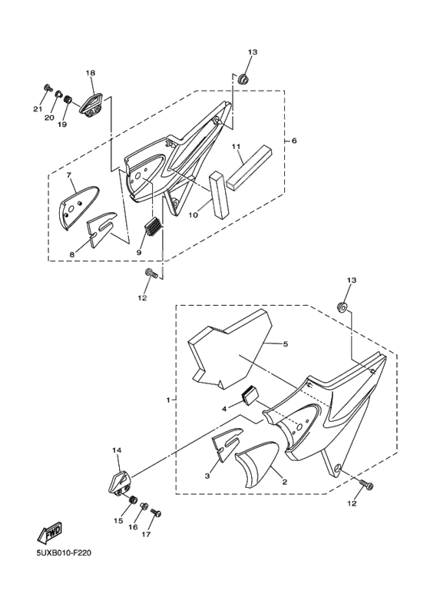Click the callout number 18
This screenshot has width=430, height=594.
[91, 73]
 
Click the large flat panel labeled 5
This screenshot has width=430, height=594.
[230, 350]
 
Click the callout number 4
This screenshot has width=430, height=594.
[225, 409]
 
